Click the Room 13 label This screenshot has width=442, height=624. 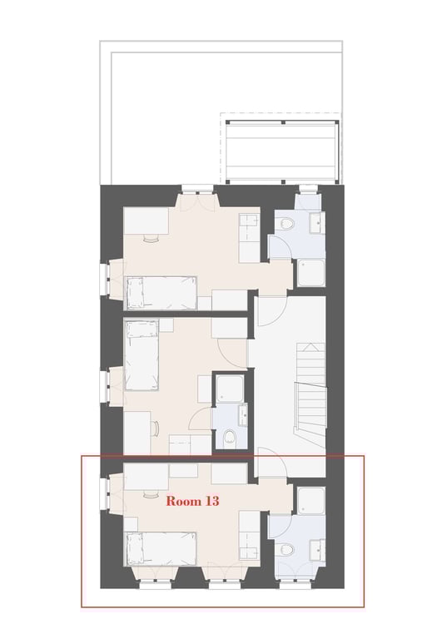click(x=191, y=501)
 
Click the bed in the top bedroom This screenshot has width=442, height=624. click(x=160, y=293)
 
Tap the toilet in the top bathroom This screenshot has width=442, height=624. click(x=286, y=223)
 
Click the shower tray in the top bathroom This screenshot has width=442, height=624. click(x=312, y=272)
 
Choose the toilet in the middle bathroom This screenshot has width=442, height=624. click(x=228, y=436)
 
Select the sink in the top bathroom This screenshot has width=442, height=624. click(x=317, y=222)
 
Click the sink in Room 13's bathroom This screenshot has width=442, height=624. click(x=317, y=550)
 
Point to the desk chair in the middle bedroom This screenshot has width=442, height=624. click(x=156, y=428)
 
